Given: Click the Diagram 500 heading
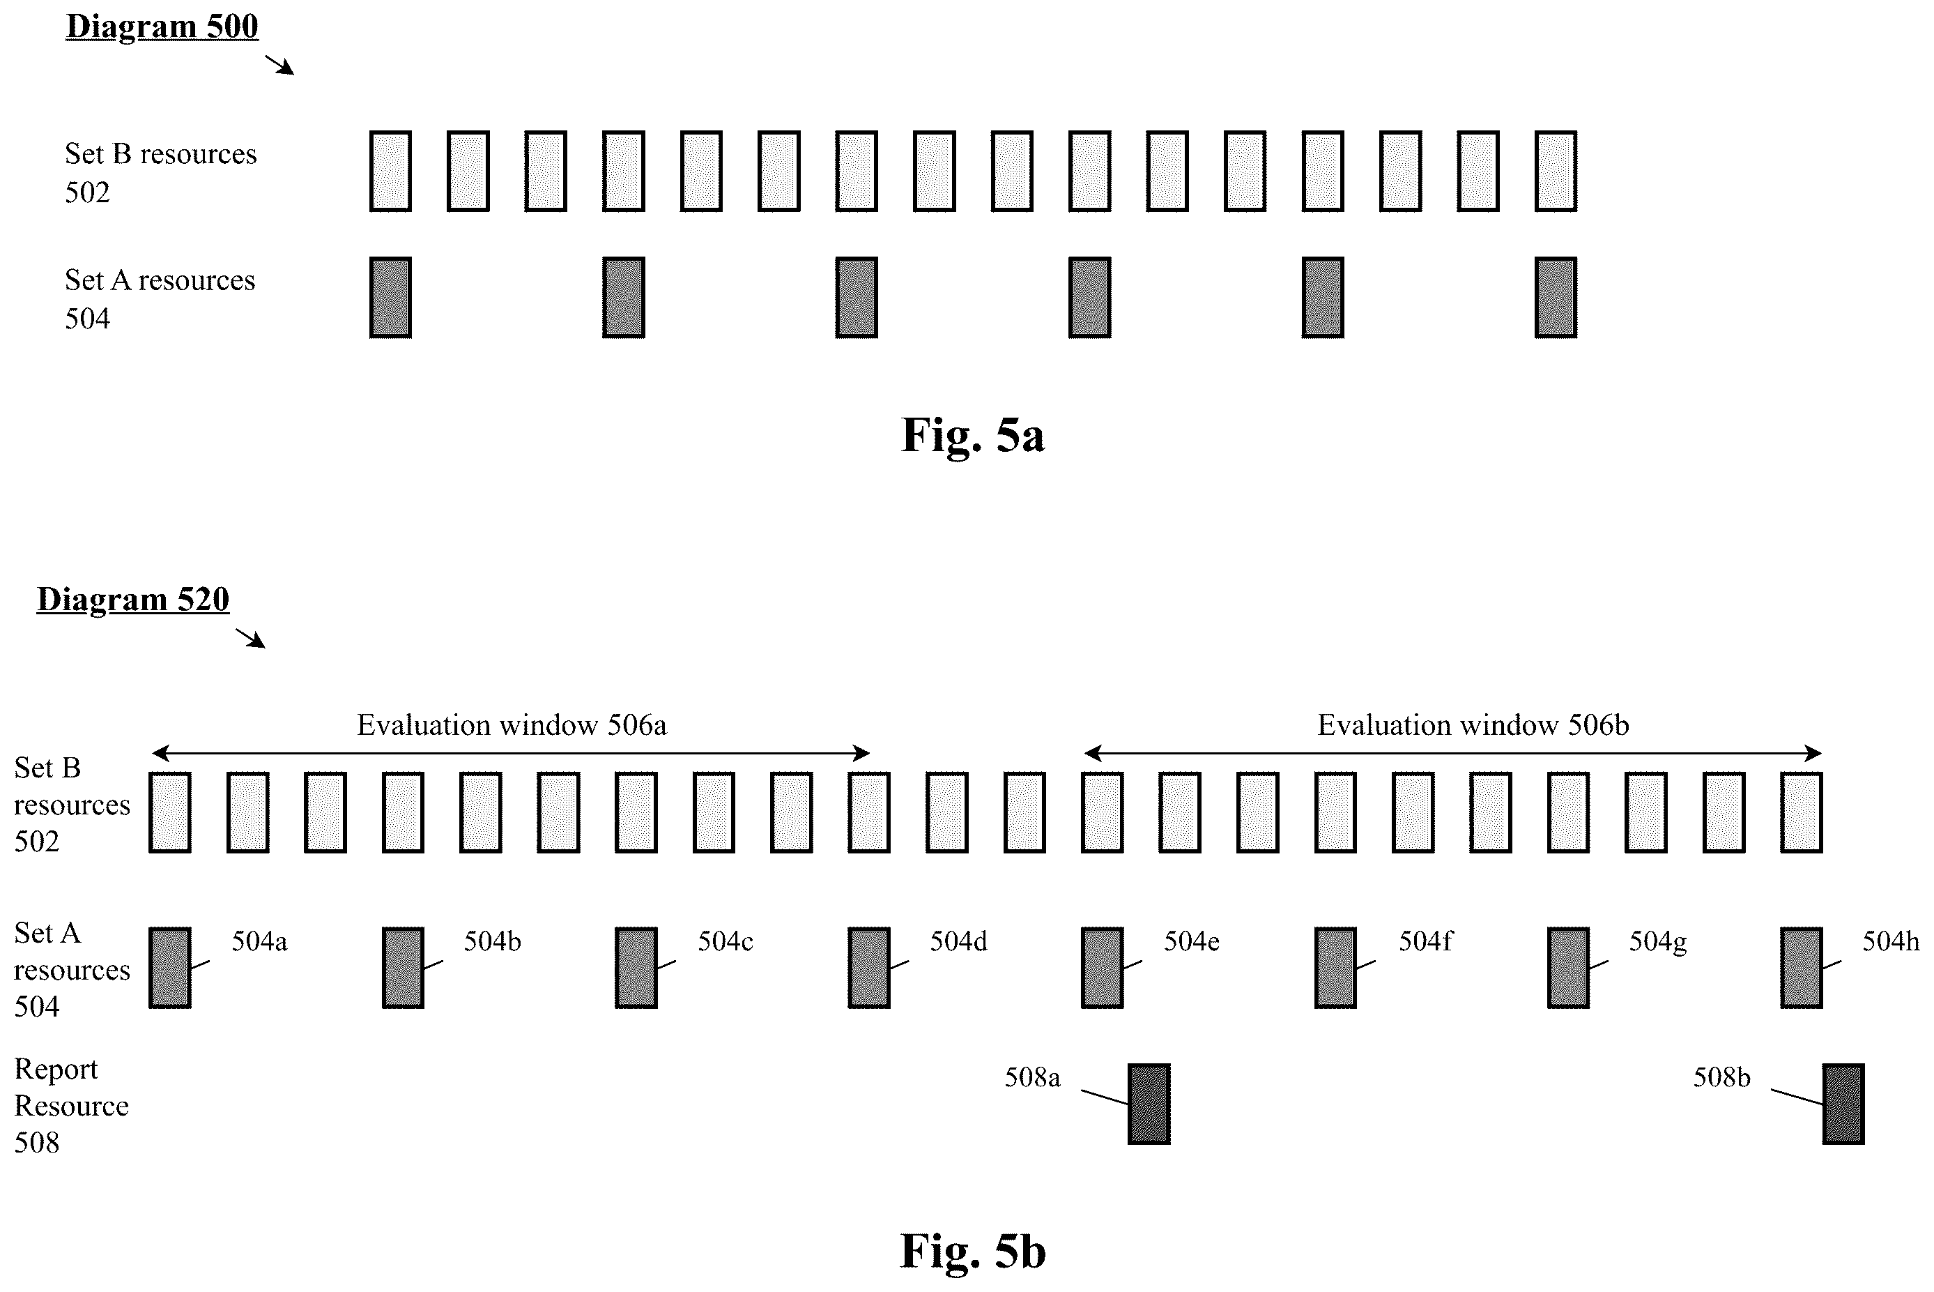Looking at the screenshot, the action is pos(162,26).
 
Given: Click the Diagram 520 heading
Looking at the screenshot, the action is pos(132,599).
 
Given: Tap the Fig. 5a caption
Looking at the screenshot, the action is pos(973,435).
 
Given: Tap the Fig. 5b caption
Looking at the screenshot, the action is pos(973,1251).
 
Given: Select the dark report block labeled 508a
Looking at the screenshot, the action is pos(1149,1104).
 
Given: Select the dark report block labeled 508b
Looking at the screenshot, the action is pos(1843,1104).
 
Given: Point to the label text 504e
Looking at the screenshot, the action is pos(1191,941).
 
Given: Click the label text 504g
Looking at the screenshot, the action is pos(1657,942).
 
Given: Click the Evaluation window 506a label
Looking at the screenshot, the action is pos(512,725).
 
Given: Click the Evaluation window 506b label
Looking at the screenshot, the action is pos(1473,725).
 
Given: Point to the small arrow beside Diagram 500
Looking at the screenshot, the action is pos(279,65).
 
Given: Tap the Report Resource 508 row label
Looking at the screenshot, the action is pos(72,1106).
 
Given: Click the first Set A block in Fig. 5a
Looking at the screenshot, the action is pos(390,298).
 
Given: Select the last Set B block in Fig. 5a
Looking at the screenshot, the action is pos(1556,172).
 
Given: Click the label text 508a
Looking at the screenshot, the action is pos(1032,1078).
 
